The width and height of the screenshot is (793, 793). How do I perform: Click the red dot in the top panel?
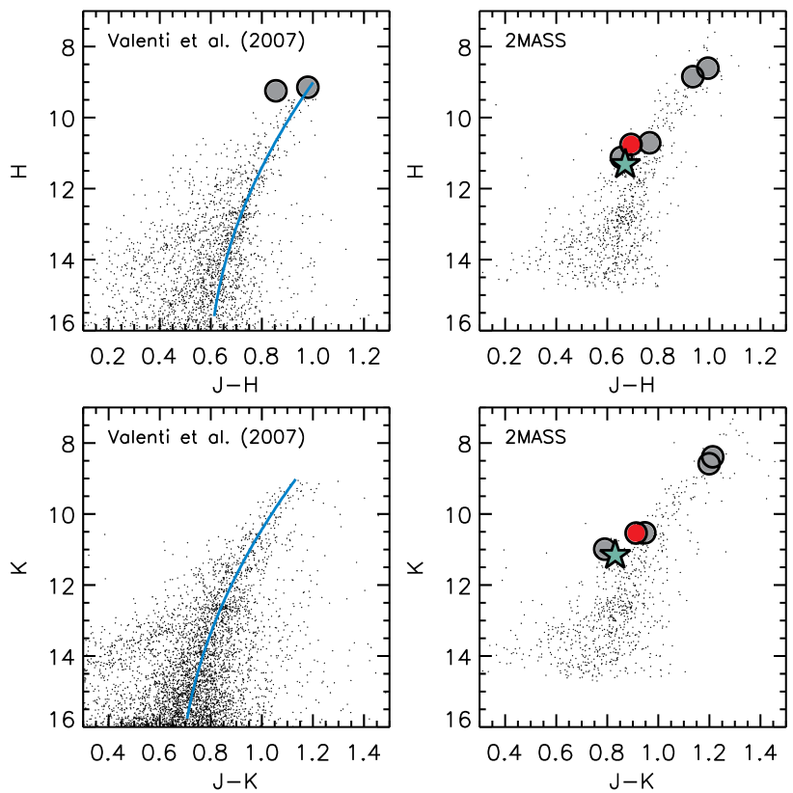pyautogui.click(x=631, y=144)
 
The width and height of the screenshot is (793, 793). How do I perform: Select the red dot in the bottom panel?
pyautogui.click(x=636, y=533)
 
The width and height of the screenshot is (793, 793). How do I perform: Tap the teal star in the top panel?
pyautogui.click(x=625, y=165)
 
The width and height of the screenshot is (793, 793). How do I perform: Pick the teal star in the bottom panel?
pyautogui.click(x=615, y=556)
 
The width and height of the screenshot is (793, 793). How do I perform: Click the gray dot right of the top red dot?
pyautogui.click(x=650, y=143)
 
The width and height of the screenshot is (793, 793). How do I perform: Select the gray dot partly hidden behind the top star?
pyautogui.click(x=617, y=154)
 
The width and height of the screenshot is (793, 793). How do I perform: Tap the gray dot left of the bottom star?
pyautogui.click(x=603, y=548)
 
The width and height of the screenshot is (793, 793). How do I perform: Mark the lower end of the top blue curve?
pyautogui.click(x=214, y=314)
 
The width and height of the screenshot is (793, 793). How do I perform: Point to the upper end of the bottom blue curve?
pyautogui.click(x=295, y=479)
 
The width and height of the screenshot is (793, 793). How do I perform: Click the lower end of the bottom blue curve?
pyautogui.click(x=187, y=718)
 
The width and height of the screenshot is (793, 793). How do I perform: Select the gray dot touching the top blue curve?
pyautogui.click(x=308, y=87)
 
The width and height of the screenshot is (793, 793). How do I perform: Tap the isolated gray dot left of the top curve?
pyautogui.click(x=276, y=91)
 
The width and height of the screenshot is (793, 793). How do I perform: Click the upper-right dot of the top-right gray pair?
pyautogui.click(x=708, y=68)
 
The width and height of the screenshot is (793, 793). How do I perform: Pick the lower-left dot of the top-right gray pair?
pyautogui.click(x=692, y=77)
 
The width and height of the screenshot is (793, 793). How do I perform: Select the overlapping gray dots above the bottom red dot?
pyautogui.click(x=710, y=460)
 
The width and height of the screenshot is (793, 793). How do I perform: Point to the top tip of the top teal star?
pyautogui.click(x=625, y=154)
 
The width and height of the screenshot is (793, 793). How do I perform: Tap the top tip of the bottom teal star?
pyautogui.click(x=615, y=545)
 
